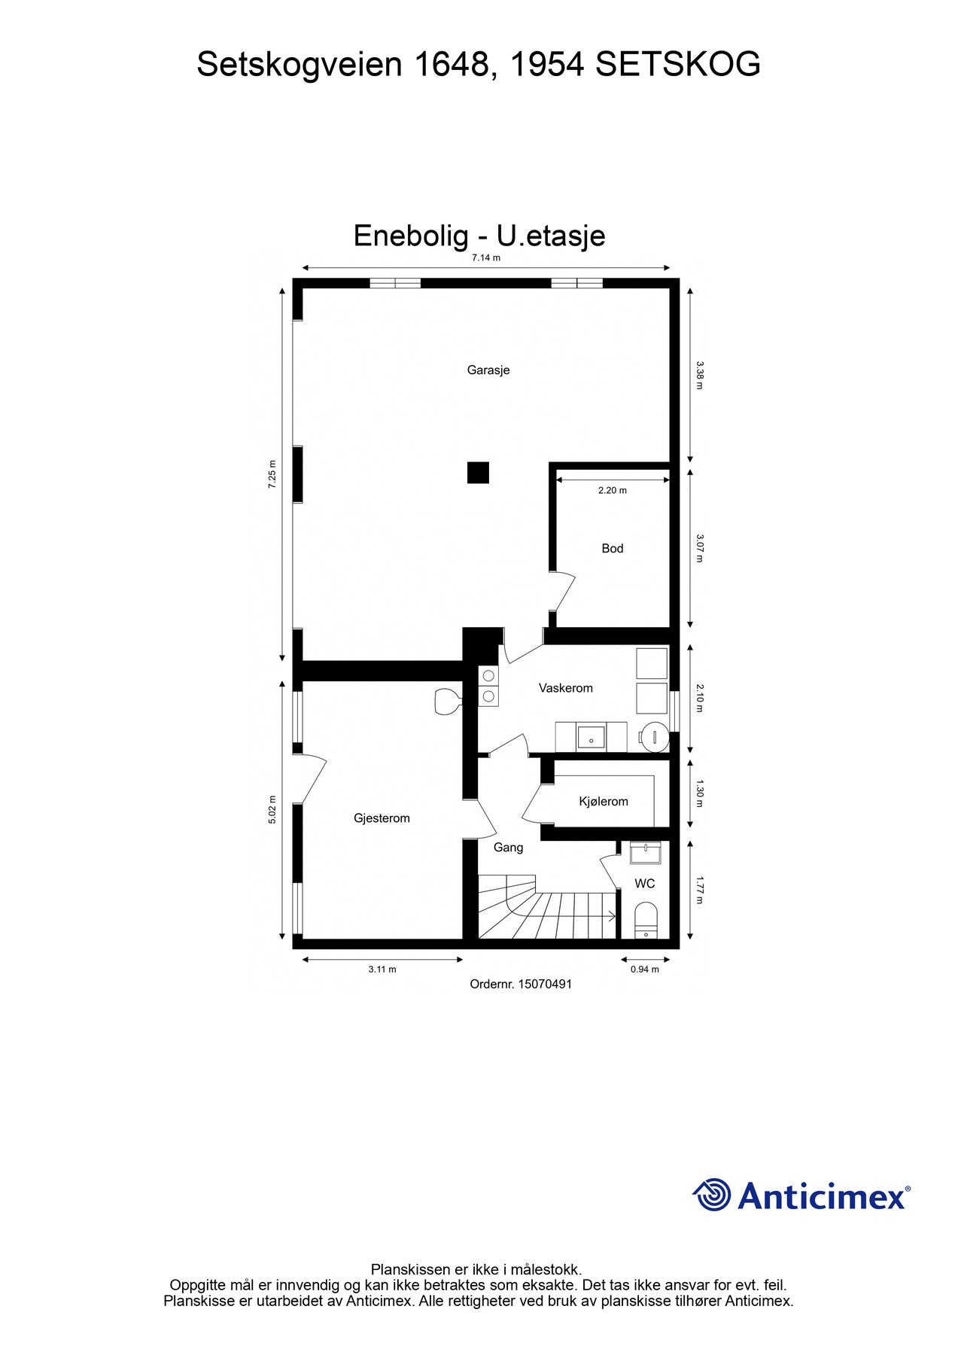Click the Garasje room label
pyautogui.click(x=488, y=370)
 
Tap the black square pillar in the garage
pyautogui.click(x=478, y=473)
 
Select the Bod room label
pyautogui.click(x=612, y=548)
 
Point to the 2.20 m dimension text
pyautogui.click(x=612, y=490)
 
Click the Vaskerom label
pyautogui.click(x=565, y=687)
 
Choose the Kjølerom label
pyautogui.click(x=604, y=801)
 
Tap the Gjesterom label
pyautogui.click(x=382, y=818)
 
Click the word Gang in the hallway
pyautogui.click(x=508, y=847)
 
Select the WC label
pyautogui.click(x=644, y=883)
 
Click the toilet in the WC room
pyautogui.click(x=646, y=918)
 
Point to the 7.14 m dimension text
pyautogui.click(x=485, y=257)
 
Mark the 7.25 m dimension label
pyautogui.click(x=272, y=474)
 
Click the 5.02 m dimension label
pyautogui.click(x=272, y=810)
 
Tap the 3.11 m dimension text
pyautogui.click(x=382, y=969)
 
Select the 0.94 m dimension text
pyautogui.click(x=644, y=969)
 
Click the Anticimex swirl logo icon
pyautogui.click(x=711, y=1195)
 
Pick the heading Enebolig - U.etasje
pyautogui.click(x=479, y=236)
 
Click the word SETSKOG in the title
pyautogui.click(x=677, y=65)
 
